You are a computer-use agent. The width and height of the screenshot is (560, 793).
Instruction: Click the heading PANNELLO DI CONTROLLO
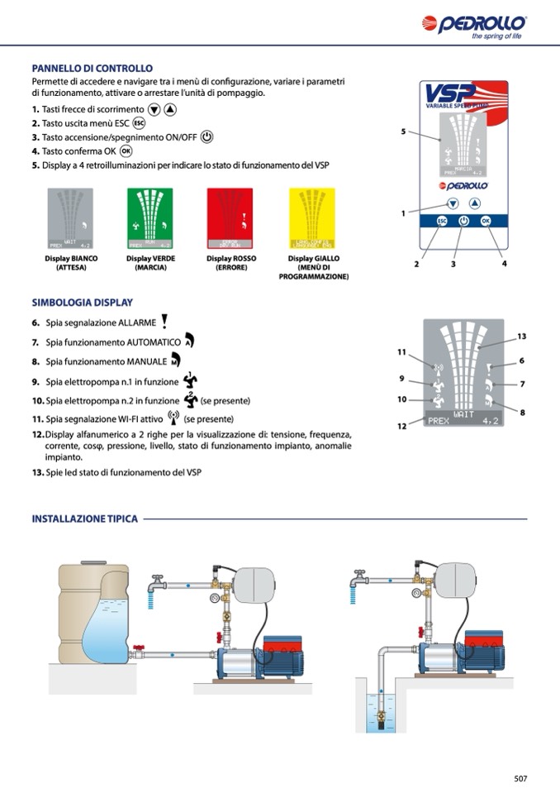[92, 69]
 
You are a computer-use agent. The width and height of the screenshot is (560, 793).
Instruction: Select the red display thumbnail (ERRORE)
[230, 218]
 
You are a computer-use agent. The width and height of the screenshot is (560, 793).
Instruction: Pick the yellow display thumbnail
[311, 218]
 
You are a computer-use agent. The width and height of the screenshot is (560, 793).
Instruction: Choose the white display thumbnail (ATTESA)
[71, 218]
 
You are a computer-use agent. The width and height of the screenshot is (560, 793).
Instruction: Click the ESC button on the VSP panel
[442, 222]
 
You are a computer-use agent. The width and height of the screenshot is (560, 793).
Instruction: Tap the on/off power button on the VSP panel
[463, 222]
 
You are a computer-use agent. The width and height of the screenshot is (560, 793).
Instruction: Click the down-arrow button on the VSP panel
[453, 203]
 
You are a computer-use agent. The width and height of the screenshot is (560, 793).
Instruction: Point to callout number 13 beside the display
[521, 336]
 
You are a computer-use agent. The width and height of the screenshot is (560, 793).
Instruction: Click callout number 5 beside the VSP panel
[403, 131]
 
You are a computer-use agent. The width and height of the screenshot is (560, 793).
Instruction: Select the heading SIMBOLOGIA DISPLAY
[82, 303]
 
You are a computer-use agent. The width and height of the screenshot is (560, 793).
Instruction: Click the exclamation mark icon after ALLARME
[164, 322]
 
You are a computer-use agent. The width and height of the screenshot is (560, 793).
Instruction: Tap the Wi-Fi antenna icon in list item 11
[173, 418]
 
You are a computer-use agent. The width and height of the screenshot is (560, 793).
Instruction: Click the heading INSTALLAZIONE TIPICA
[84, 519]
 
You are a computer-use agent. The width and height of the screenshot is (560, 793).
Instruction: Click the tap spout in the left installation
[151, 589]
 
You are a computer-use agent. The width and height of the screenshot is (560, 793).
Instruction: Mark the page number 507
[520, 778]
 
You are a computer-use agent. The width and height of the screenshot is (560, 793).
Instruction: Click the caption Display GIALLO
[313, 259]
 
